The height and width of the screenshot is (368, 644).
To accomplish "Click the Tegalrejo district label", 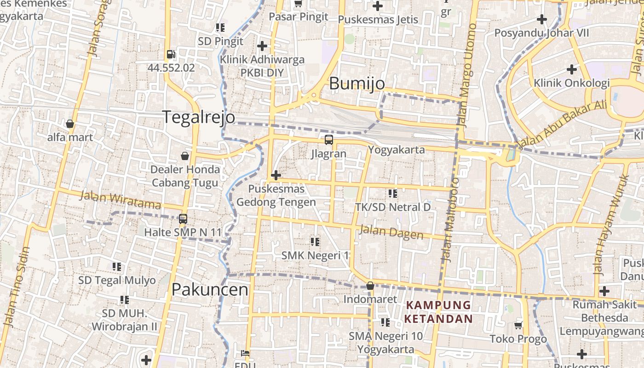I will (198, 117).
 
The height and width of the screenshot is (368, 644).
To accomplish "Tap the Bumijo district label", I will (357, 83).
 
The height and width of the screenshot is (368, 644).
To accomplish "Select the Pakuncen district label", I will (210, 289).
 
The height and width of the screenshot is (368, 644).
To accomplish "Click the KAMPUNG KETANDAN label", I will (439, 312).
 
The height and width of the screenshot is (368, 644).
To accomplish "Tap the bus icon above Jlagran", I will (328, 140).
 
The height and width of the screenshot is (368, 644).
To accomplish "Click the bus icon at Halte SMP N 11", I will (183, 218).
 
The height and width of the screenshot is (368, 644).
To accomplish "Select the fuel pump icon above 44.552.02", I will (171, 54).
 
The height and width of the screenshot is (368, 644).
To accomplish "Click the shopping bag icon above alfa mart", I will (70, 124).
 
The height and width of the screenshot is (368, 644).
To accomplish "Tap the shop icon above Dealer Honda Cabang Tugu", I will (185, 156).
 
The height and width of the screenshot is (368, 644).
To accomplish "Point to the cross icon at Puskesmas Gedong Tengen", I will (276, 175).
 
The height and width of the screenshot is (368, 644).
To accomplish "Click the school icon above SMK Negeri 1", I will (315, 241).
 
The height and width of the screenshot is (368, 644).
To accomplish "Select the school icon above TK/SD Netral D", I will (392, 193).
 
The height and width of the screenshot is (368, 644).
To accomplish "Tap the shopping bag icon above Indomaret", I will (370, 286).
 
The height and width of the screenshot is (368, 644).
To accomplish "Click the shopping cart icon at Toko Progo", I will (518, 326).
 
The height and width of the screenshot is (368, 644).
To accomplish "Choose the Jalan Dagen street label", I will (391, 232).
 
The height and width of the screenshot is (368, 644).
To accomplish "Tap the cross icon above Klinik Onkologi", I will (571, 69).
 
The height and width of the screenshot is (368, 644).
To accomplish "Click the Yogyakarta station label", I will (396, 149).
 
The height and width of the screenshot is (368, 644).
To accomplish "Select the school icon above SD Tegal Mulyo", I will (117, 267).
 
